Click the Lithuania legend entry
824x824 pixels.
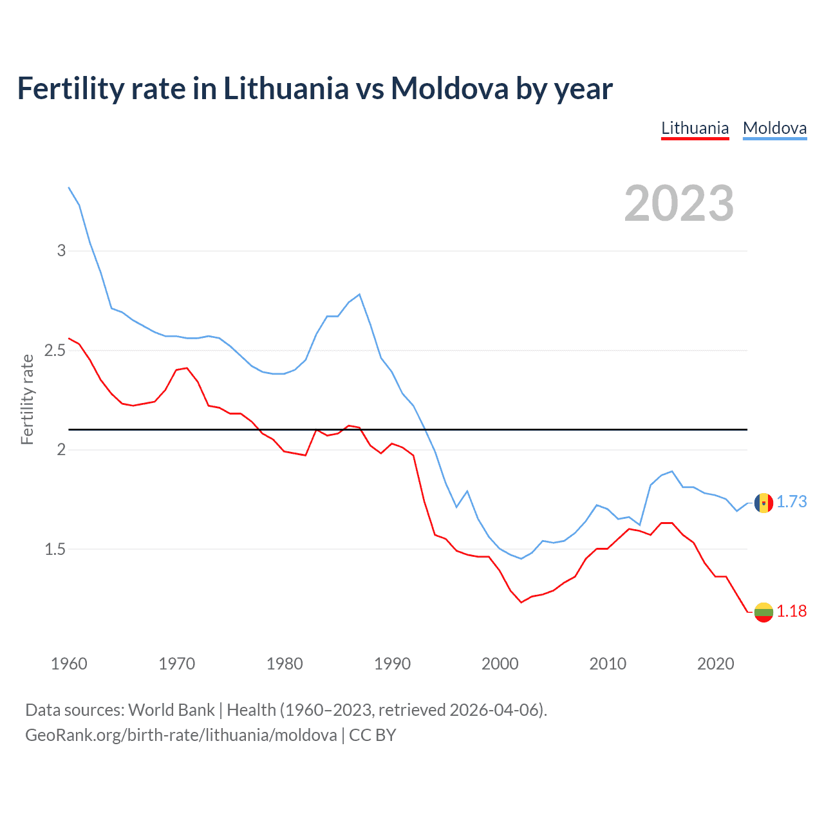click(695, 128)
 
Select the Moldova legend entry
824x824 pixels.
click(774, 128)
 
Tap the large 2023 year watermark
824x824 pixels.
click(679, 203)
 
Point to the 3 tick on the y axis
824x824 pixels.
click(62, 250)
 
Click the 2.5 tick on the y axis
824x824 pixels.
click(55, 350)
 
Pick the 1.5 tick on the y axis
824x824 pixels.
click(55, 549)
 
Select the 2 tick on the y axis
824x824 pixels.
click(62, 449)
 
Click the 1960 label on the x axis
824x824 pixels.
click(69, 664)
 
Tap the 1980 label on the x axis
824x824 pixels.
click(285, 664)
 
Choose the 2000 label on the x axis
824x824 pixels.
click(500, 664)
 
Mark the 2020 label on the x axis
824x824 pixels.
click(715, 664)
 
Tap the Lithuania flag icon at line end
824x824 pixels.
click(763, 612)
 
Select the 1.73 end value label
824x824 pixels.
click(791, 501)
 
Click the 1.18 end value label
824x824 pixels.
click(791, 611)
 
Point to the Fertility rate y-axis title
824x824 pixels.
click(27, 399)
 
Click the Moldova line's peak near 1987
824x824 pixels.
click(359, 294)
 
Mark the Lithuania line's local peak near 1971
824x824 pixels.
click(187, 368)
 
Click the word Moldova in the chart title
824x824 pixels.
click(449, 88)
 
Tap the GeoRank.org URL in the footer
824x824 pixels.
click(181, 735)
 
